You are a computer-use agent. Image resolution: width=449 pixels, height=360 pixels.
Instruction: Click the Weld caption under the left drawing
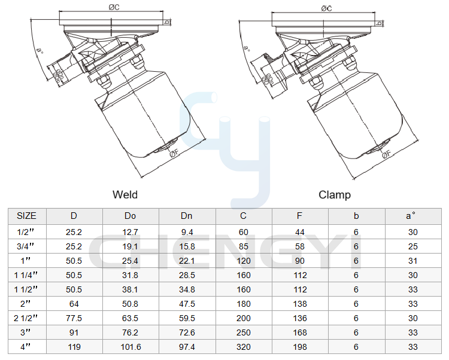click(125, 195)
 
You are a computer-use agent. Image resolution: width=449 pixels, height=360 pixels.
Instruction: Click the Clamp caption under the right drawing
click(335, 195)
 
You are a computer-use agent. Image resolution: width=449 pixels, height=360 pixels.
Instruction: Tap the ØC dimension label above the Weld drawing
click(114, 7)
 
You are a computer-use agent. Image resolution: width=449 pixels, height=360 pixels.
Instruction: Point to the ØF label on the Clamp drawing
click(386, 154)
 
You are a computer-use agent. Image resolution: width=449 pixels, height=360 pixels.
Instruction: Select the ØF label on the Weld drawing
click(174, 154)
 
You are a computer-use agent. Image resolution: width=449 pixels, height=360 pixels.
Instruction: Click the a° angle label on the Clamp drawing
click(247, 48)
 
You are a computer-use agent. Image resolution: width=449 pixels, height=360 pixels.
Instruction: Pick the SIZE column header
click(26, 216)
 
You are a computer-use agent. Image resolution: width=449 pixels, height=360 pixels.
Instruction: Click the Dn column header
click(186, 216)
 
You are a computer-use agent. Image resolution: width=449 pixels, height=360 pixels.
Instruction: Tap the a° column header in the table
click(411, 216)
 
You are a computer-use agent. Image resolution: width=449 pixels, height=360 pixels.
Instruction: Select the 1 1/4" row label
click(26, 275)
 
